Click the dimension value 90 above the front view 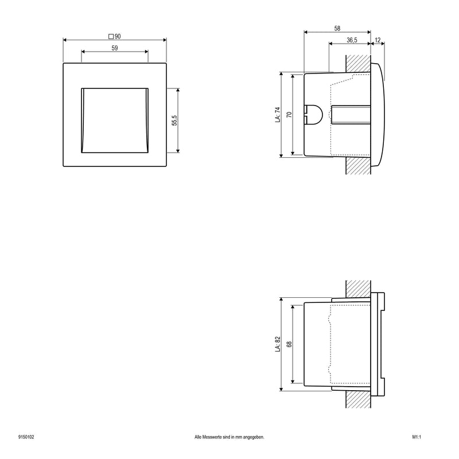pos(118,37)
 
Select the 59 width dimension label pos(115,48)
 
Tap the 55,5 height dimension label pos(174,120)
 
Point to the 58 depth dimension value pos(337,28)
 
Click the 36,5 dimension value pos(352,40)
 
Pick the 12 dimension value pos(378,40)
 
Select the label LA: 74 pos(278,114)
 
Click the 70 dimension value pos(289,114)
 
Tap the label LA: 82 pos(278,344)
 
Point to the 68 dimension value pos(289,344)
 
